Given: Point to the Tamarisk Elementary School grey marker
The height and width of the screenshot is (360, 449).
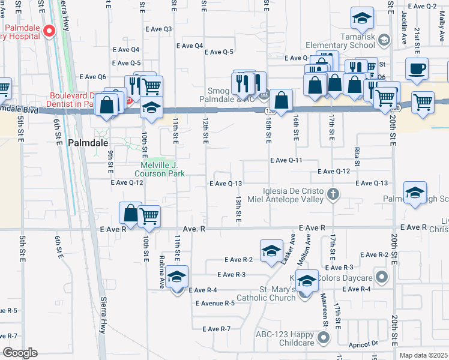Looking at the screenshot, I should pos(384,40).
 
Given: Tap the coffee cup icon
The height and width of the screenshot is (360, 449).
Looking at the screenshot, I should pos(417,68).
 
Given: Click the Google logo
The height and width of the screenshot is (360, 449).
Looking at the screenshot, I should pos(20,353).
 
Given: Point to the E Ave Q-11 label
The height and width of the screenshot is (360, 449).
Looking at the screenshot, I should pos(286,160).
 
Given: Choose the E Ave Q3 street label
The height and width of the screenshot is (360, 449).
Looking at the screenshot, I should pos(158,29).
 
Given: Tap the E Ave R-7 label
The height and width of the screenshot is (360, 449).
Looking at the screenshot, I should pos(217,329).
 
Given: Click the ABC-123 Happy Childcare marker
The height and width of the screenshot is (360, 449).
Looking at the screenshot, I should pos(325,338).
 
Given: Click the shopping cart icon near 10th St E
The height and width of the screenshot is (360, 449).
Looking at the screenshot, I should pos(149,217).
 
